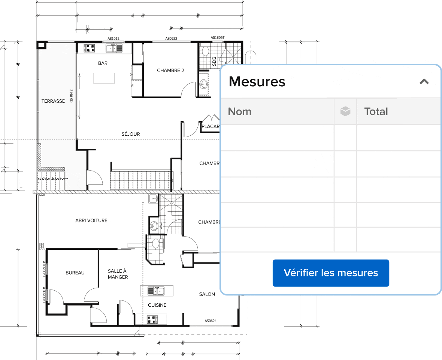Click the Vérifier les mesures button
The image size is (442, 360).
click(x=331, y=273)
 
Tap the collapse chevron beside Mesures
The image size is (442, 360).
click(x=424, y=82)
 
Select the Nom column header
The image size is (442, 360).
click(x=240, y=111)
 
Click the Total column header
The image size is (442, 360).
click(x=376, y=111)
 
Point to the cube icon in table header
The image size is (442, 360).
click(x=345, y=111)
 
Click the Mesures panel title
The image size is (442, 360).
click(x=257, y=81)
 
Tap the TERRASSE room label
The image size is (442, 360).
click(x=53, y=101)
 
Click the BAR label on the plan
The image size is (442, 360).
click(x=103, y=63)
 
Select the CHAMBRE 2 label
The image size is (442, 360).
click(x=170, y=70)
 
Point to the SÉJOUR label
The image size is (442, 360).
click(x=131, y=134)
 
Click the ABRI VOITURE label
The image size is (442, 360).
click(x=91, y=220)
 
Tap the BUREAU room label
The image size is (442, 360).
click(x=75, y=273)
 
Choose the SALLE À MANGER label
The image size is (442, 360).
click(x=118, y=274)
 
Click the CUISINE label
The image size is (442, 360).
click(x=157, y=305)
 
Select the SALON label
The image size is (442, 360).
click(x=207, y=294)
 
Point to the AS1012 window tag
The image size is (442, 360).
click(x=113, y=38)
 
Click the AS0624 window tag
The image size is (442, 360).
click(x=211, y=321)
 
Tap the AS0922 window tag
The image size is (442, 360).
click(x=171, y=38)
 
